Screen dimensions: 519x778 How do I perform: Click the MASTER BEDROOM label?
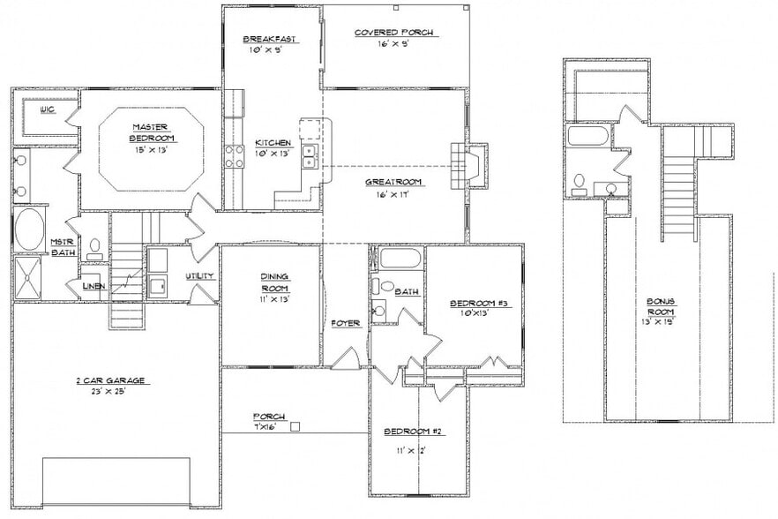[x=151, y=132]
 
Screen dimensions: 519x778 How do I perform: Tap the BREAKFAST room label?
[x=269, y=39]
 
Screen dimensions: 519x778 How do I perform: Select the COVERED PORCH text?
[x=394, y=33]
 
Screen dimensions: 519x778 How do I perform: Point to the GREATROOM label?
[x=393, y=182]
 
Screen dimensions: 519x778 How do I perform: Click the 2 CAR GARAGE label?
[x=109, y=380]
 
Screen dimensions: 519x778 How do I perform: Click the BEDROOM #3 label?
[x=477, y=304]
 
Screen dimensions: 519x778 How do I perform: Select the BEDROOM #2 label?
[x=413, y=432]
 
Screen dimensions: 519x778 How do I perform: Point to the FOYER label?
[x=345, y=323]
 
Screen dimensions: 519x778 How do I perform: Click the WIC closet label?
[x=48, y=111]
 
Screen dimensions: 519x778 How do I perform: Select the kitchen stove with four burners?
[x=235, y=157]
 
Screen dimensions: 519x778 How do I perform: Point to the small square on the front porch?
[x=296, y=426]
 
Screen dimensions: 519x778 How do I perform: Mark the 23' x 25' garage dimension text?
[x=109, y=392]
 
